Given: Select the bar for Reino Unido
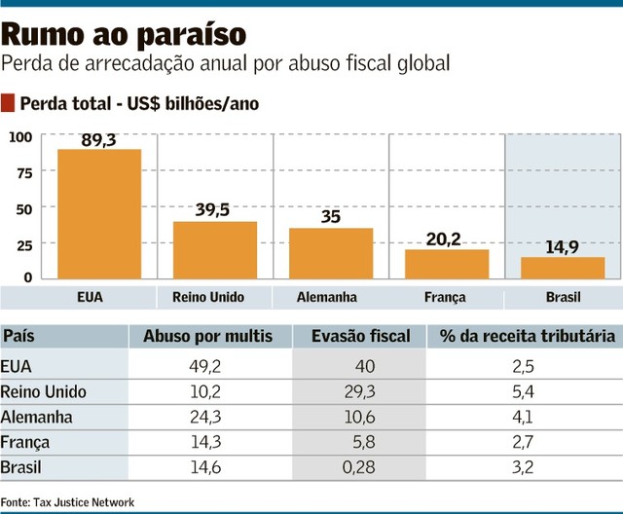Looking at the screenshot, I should pyautogui.click(x=215, y=250).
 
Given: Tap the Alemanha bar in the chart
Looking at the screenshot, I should pyautogui.click(x=331, y=254).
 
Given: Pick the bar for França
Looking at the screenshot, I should pyautogui.click(x=447, y=264).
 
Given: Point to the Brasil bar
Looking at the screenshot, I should pyautogui.click(x=563, y=268).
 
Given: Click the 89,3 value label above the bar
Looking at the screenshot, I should pyautogui.click(x=99, y=140).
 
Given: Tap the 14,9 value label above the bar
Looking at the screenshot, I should pyautogui.click(x=562, y=247).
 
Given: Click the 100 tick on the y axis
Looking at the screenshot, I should pyautogui.click(x=20, y=137).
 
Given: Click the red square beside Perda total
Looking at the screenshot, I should pyautogui.click(x=10, y=102).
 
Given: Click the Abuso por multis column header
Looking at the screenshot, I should pyautogui.click(x=208, y=337).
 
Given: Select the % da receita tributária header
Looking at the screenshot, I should pyautogui.click(x=527, y=337).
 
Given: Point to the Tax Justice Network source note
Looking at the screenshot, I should pyautogui.click(x=68, y=502).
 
